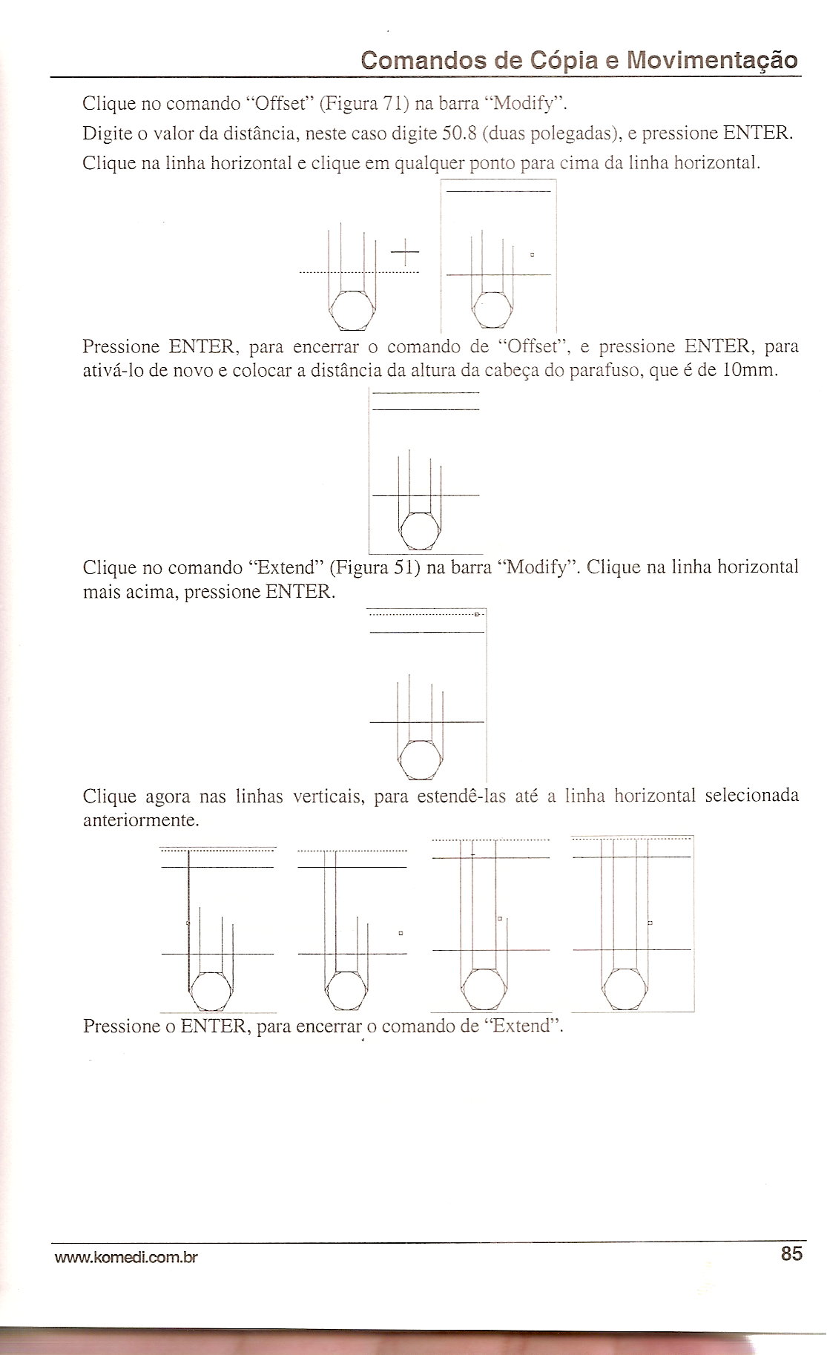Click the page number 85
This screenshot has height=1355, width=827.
coord(791,1253)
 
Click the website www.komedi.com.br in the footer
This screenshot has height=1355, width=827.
coord(125,1257)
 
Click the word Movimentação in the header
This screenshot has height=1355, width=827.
coord(713,61)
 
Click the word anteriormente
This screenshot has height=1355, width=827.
coord(141,821)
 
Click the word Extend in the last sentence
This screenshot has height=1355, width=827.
coord(524,1026)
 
